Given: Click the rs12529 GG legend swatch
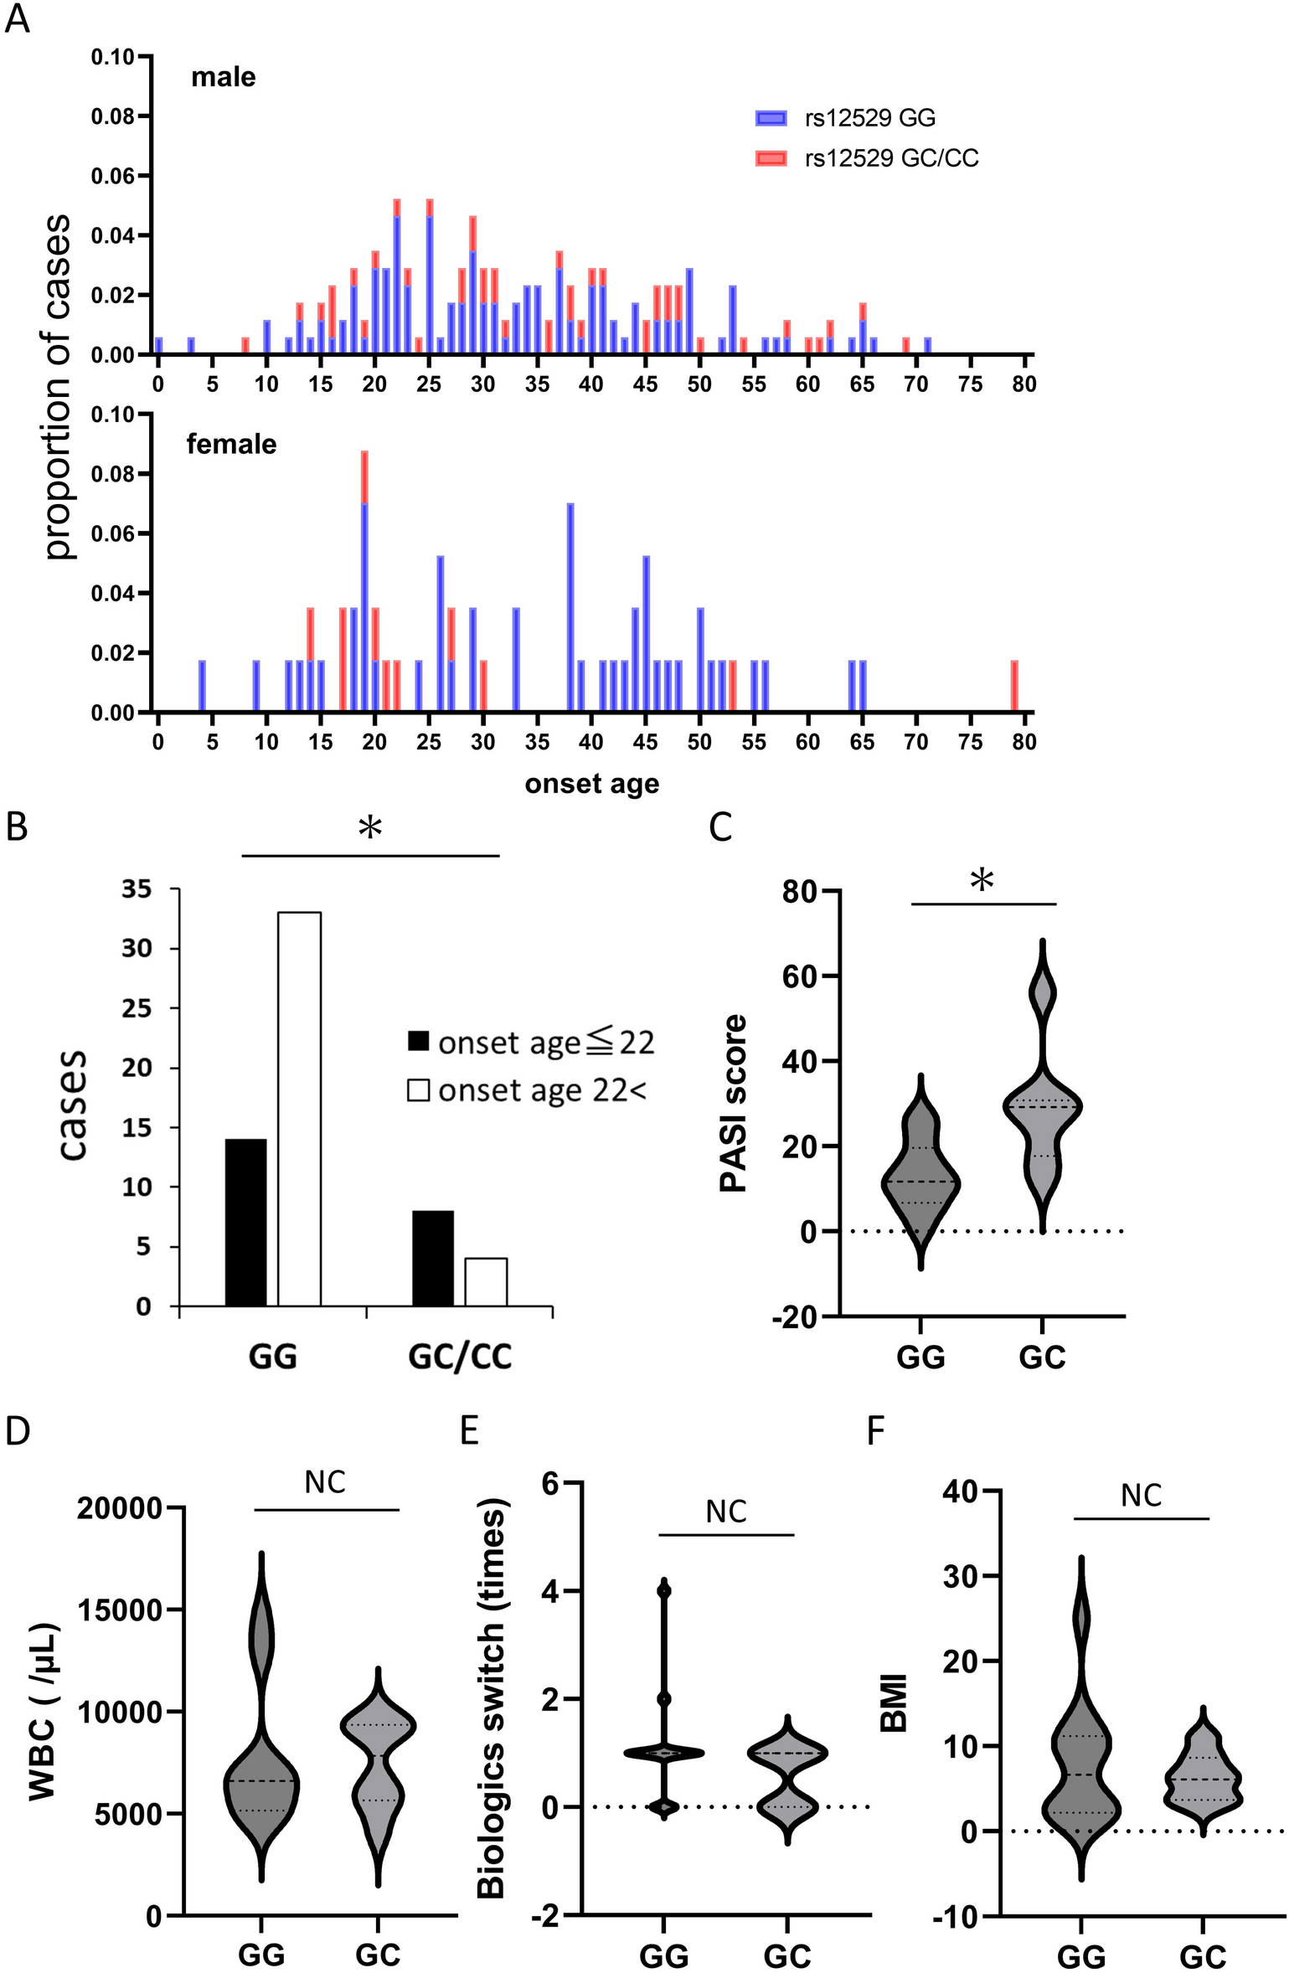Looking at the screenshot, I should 770,118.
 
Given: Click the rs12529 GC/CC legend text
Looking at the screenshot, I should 891,158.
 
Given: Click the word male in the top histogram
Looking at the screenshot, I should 223,77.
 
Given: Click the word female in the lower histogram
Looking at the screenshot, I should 231,444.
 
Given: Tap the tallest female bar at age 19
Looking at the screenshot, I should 364,586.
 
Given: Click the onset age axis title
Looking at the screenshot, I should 591,784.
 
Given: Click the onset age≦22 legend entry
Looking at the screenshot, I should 530,1043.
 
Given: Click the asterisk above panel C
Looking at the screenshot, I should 982,882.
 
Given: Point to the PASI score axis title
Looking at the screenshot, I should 733,1103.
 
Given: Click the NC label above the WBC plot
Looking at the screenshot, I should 325,1482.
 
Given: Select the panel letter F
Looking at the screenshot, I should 874,1431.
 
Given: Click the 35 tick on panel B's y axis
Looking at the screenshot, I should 137,889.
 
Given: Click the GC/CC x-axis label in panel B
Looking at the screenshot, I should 459,1355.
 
